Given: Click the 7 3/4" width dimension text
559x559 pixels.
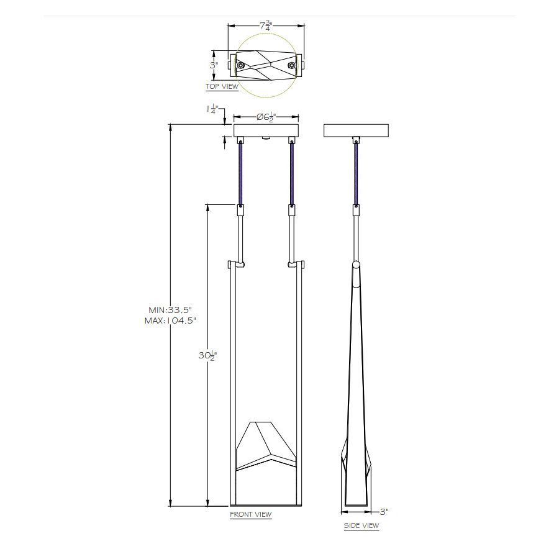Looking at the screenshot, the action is point(266,25).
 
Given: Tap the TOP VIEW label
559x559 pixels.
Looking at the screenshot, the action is point(222,86).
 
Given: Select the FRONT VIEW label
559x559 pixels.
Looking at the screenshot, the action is point(251,514).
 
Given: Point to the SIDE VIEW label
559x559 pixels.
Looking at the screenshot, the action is point(361,525).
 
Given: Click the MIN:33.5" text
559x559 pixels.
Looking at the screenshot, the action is point(170,310).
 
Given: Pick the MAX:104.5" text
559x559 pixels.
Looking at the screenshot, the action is point(170,320).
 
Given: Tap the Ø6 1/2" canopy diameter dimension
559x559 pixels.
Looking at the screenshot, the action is point(266,117).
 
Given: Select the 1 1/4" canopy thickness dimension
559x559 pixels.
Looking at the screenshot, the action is point(213,109).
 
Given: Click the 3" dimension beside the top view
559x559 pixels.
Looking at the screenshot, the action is point(214,65).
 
